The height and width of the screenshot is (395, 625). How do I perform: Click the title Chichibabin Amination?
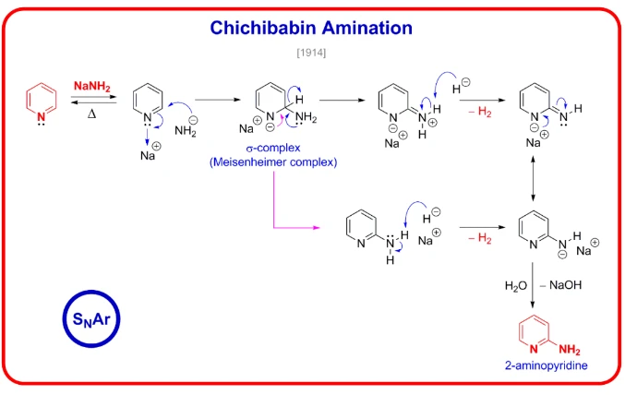coord(311,28)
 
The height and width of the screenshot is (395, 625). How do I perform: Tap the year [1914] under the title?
coord(311,52)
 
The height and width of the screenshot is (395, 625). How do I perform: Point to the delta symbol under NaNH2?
coord(91,114)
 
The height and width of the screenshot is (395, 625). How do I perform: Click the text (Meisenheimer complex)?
coord(273,162)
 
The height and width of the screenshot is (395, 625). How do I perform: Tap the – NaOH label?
coord(565,286)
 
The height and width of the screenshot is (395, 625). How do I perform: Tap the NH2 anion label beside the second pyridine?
coord(187,130)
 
